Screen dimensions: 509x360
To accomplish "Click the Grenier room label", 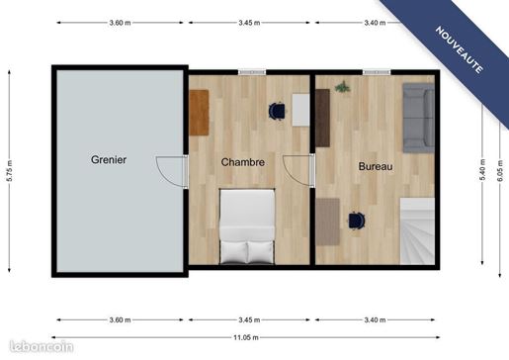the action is (109, 159).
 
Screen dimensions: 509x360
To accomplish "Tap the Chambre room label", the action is (243, 162).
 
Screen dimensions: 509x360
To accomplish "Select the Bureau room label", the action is (376, 166).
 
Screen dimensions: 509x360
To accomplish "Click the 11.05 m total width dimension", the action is (246, 337).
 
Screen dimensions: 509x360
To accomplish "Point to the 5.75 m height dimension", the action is (9, 171).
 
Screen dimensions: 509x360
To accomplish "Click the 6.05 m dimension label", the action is (500, 170).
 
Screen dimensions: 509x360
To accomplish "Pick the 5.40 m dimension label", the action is (482, 169).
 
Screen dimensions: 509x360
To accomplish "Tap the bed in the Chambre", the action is (247, 226).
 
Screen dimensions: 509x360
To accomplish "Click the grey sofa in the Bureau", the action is (418, 118).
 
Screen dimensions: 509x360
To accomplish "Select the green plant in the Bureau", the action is (342, 87).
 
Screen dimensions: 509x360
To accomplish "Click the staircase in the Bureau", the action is (417, 231).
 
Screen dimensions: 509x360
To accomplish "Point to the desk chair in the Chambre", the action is (277, 111).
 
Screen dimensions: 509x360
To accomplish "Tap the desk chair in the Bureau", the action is (357, 220).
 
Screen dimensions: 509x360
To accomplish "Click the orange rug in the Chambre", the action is (199, 113).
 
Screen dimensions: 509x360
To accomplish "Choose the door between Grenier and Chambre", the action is (172, 172).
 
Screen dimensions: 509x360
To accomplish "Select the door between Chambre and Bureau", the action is (298, 170).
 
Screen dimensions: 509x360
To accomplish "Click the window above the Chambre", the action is (252, 72).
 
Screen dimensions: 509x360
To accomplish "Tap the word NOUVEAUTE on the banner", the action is (460, 49).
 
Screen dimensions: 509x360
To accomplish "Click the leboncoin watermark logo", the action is (42, 346).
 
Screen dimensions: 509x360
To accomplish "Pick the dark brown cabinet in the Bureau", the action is (323, 118).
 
